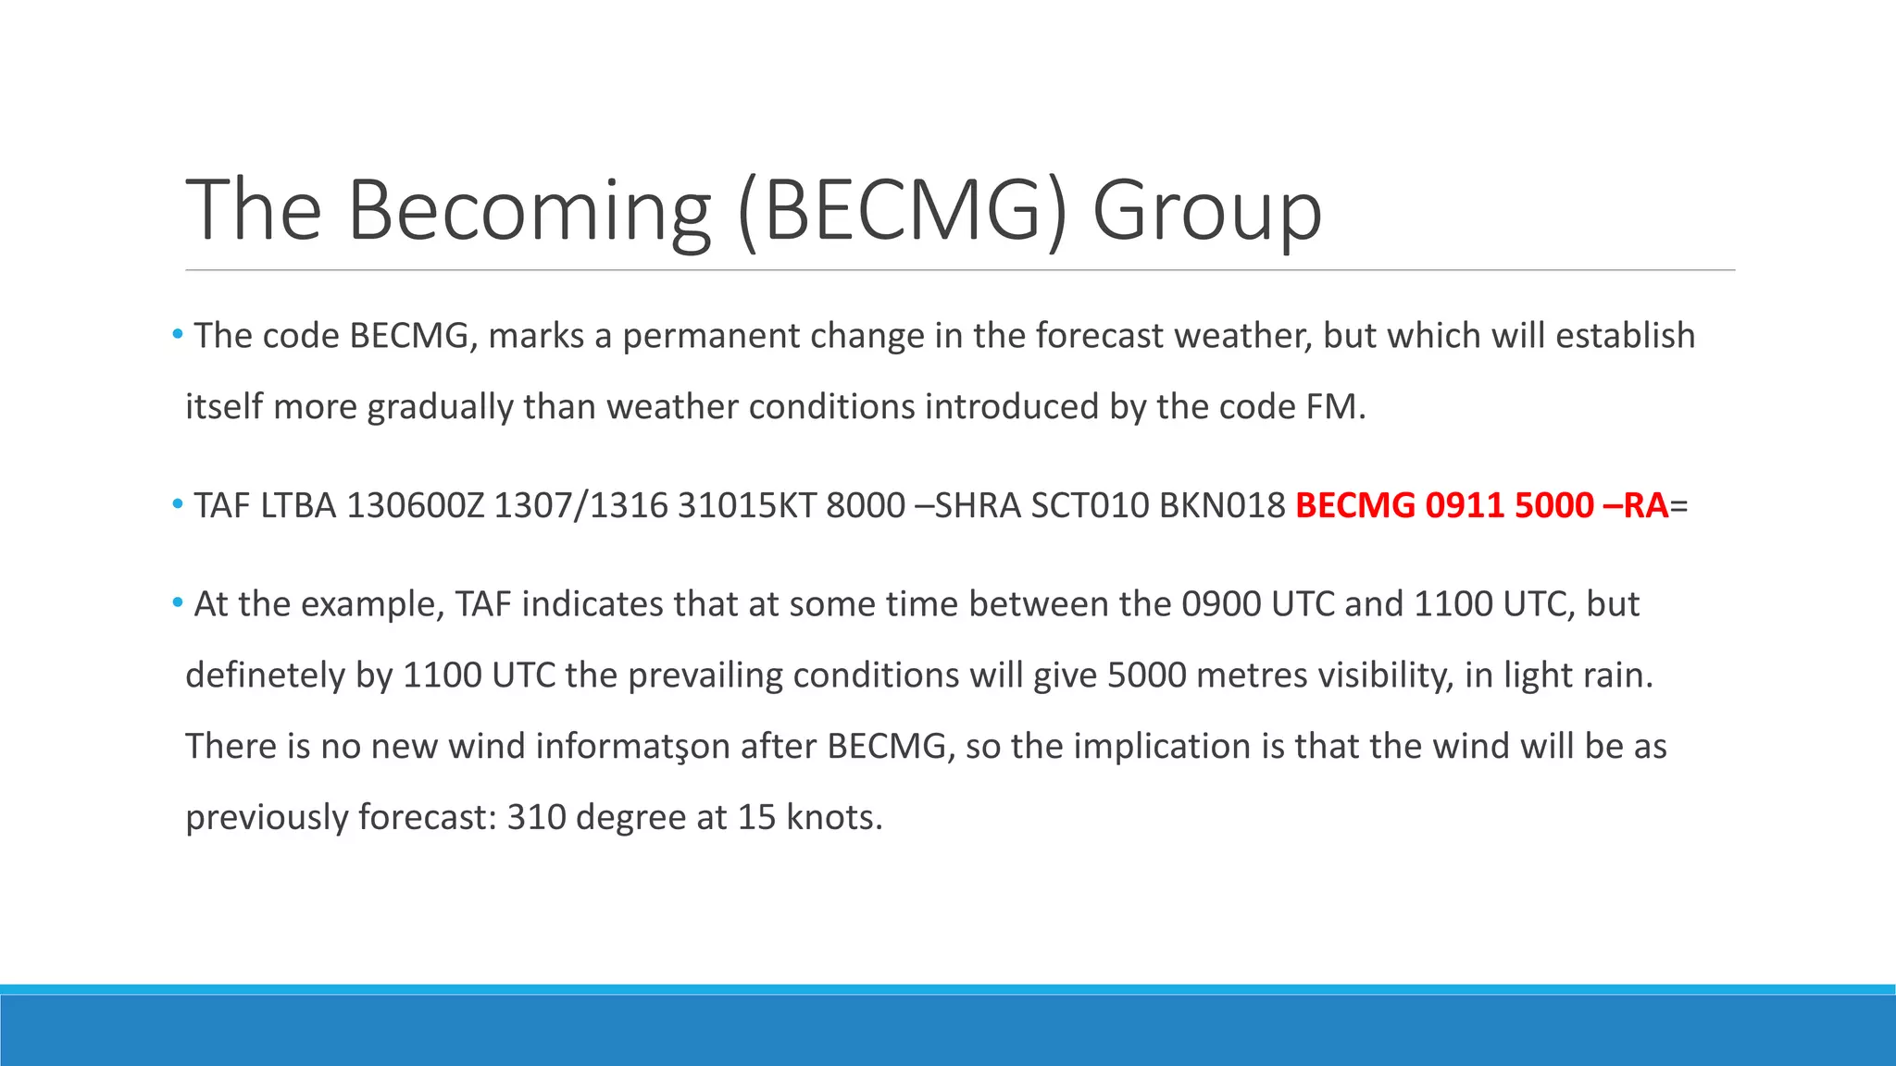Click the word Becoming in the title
coord(529,211)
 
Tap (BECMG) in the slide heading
coord(903,211)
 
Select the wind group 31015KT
coord(746,506)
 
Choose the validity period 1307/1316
coord(580,506)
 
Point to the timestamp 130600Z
coord(415,506)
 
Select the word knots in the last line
coord(833,818)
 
